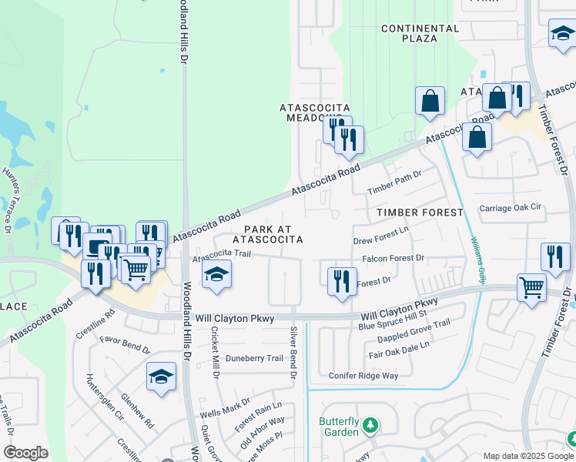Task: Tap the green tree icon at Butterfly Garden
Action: (370, 424)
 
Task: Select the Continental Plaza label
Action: (420, 34)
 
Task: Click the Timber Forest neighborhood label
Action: (420, 212)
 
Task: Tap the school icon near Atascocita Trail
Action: (217, 275)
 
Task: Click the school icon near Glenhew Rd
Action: (161, 377)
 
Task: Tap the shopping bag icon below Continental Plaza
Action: (430, 100)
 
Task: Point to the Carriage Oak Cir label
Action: (511, 208)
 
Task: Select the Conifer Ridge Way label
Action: (363, 376)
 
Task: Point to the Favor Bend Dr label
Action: (124, 343)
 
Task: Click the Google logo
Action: (26, 453)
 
